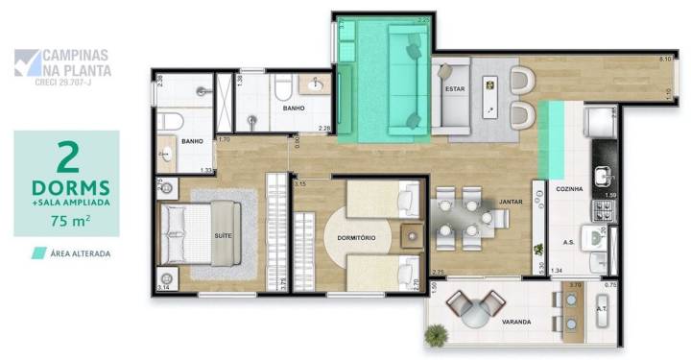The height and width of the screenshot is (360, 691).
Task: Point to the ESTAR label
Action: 454,90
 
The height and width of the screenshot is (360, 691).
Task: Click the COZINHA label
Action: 572,190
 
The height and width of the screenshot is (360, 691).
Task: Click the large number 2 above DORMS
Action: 67,156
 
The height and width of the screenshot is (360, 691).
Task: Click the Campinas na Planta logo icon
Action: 28,62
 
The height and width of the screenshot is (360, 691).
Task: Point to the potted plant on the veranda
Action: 438,336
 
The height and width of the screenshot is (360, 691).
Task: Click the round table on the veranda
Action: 477,307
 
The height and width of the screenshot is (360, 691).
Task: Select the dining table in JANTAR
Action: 465,215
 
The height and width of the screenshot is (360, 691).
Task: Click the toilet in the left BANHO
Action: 172,121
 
